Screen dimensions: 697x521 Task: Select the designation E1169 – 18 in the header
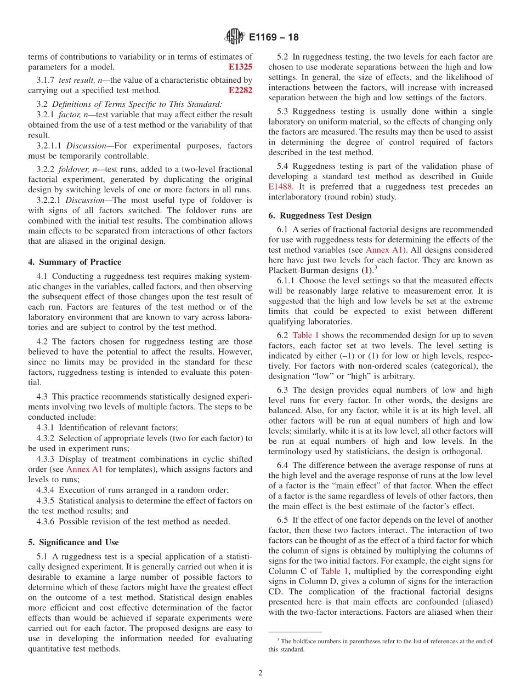click(274, 38)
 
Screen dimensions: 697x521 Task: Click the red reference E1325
click(240, 67)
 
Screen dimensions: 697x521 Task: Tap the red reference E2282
click(240, 90)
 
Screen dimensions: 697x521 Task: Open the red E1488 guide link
click(280, 187)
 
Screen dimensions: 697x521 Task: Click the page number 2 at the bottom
click(260, 673)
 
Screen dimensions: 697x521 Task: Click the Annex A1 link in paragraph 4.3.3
click(84, 469)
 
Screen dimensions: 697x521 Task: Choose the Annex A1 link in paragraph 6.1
click(386, 249)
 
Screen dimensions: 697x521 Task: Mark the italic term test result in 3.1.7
click(76, 81)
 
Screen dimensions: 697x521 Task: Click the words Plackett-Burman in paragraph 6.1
click(301, 270)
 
